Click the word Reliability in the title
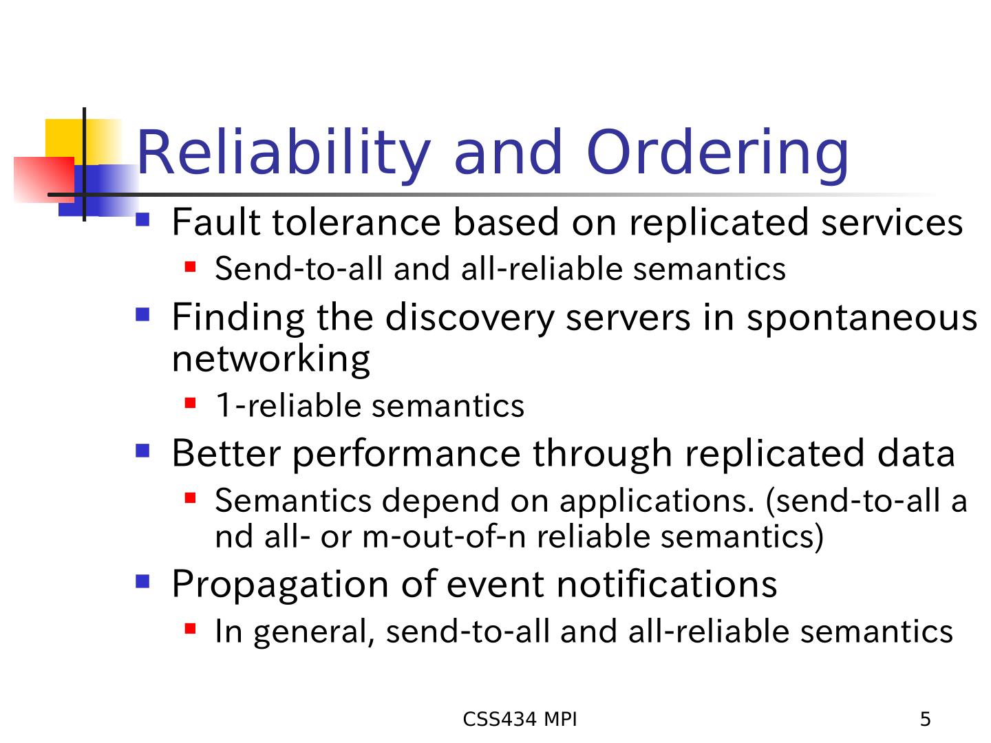[x=284, y=154]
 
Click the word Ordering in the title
[x=717, y=154]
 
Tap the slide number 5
[x=925, y=719]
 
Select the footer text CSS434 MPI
[x=520, y=719]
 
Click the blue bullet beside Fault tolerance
[x=142, y=219]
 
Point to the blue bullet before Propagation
[x=142, y=581]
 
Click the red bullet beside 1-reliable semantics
[x=190, y=402]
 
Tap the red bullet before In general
[x=190, y=628]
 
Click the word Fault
[x=216, y=222]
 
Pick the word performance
[x=407, y=455]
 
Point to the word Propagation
[x=280, y=585]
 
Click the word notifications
[x=666, y=584]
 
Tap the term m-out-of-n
[x=445, y=537]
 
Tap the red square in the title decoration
[x=44, y=180]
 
